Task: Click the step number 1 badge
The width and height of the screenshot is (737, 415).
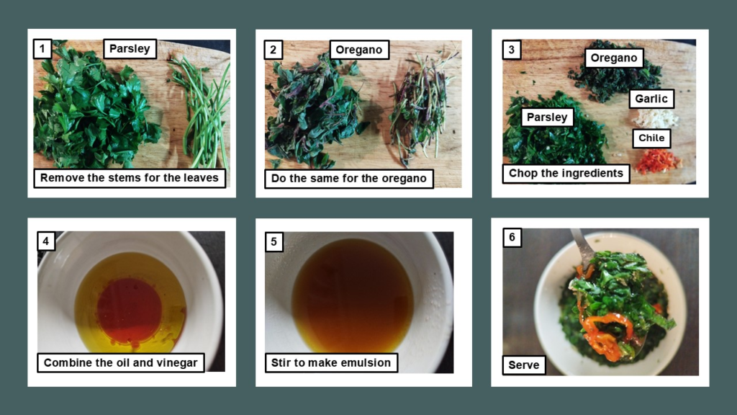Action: (x=43, y=49)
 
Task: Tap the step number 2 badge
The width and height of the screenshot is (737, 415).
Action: (x=273, y=49)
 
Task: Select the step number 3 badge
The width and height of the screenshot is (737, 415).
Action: (x=512, y=49)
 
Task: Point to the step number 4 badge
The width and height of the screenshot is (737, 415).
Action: (x=46, y=241)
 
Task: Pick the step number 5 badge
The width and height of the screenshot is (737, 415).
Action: (x=273, y=242)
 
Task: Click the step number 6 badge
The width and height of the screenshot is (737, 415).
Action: (x=512, y=238)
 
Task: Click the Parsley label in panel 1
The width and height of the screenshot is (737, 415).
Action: (x=130, y=49)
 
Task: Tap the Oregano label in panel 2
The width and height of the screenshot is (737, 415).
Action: (x=359, y=50)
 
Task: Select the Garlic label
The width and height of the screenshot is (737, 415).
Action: (x=651, y=99)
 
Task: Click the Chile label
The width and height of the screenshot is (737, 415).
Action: (x=651, y=138)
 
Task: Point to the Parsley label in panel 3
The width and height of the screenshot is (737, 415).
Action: (x=547, y=117)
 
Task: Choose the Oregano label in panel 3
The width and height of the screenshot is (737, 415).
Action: (x=614, y=58)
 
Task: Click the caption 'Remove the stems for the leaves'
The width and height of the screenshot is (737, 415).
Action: (x=130, y=178)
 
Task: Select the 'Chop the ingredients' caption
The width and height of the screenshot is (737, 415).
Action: (x=566, y=174)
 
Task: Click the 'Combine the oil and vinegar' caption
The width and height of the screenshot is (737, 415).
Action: (x=121, y=362)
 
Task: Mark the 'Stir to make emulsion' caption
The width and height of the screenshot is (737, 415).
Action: (x=331, y=362)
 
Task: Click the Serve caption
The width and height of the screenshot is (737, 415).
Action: (x=524, y=365)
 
